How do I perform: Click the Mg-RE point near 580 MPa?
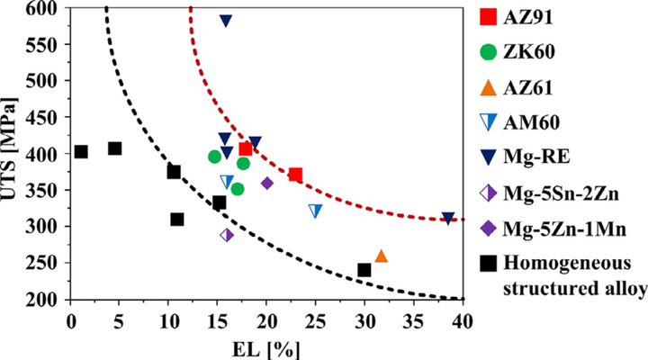pyautogui.click(x=226, y=20)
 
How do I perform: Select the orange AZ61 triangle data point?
pyautogui.click(x=381, y=256)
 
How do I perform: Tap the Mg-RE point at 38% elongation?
pyautogui.click(x=448, y=219)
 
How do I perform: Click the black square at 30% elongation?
pyautogui.click(x=364, y=270)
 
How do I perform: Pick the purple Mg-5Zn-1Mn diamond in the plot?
pyautogui.click(x=267, y=183)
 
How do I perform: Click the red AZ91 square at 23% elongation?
pyautogui.click(x=295, y=175)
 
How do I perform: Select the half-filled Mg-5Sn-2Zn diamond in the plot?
pyautogui.click(x=227, y=235)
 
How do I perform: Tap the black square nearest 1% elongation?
pyautogui.click(x=81, y=152)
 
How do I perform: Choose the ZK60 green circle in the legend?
pyautogui.click(x=488, y=52)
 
